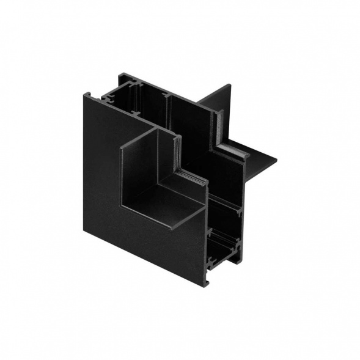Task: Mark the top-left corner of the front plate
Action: (x=84, y=93)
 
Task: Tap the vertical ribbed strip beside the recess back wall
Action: (x=178, y=153)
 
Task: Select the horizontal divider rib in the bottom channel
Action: (x=225, y=229)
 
